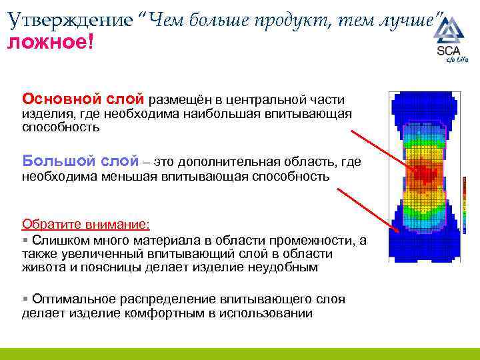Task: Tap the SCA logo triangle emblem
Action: [x=453, y=31]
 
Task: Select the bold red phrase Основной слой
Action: [x=83, y=100]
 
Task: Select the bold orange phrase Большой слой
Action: [x=81, y=161]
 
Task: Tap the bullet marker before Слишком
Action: [x=25, y=239]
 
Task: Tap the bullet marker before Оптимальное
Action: [x=25, y=299]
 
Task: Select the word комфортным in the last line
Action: [x=161, y=313]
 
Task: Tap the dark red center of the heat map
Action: [x=421, y=172]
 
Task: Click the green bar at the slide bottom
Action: [x=240, y=354]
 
